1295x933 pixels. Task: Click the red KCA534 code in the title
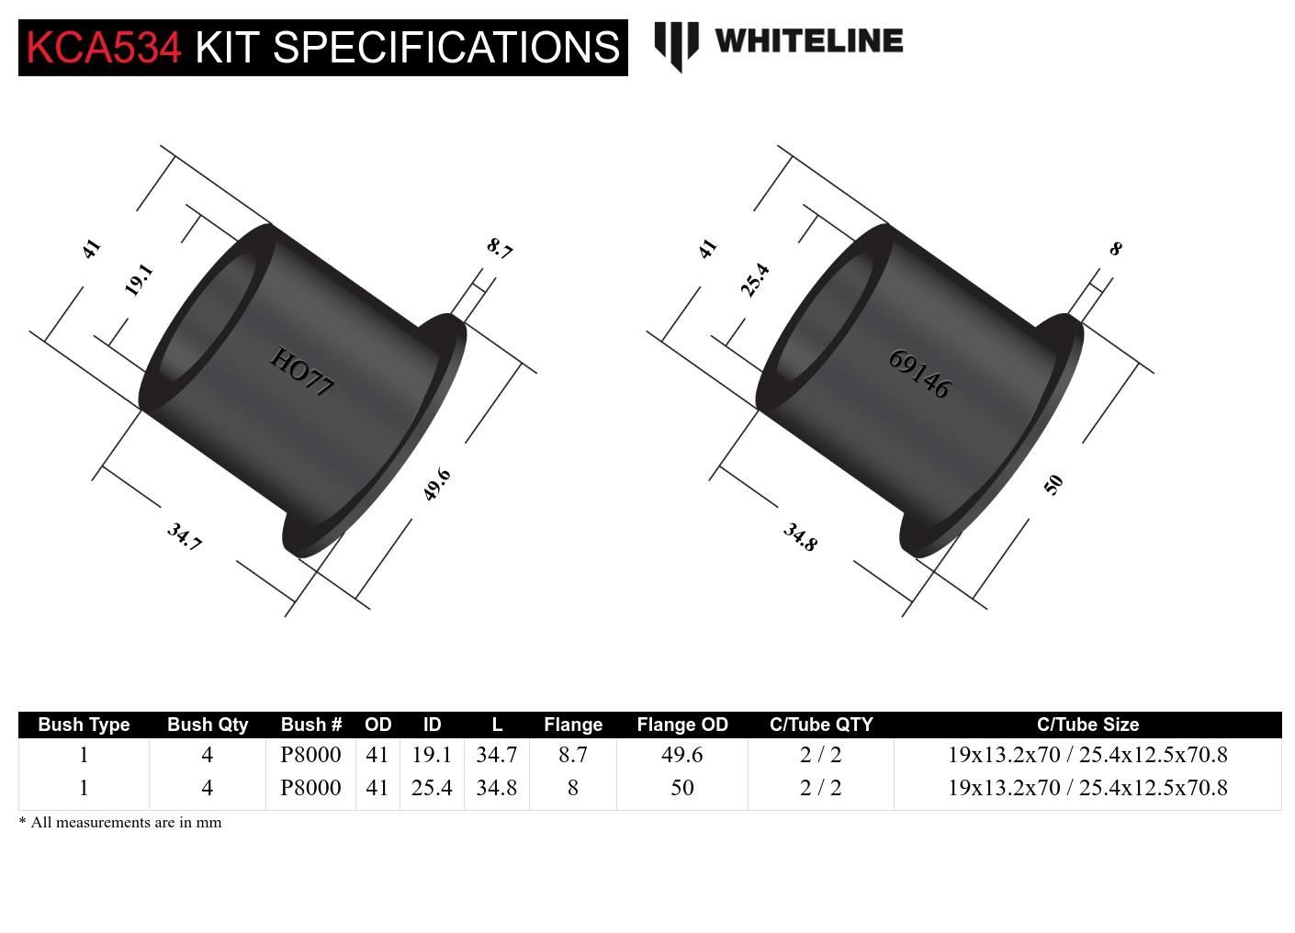pyautogui.click(x=104, y=48)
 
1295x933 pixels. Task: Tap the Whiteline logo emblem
pyautogui.click(x=676, y=45)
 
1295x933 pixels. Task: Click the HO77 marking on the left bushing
pyautogui.click(x=301, y=372)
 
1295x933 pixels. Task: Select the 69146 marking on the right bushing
pyautogui.click(x=919, y=374)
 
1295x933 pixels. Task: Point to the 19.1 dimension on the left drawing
pyautogui.click(x=139, y=279)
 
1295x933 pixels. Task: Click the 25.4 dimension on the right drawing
pyautogui.click(x=755, y=279)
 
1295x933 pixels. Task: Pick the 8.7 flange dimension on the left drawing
pyautogui.click(x=500, y=248)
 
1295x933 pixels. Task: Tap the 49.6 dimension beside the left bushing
pyautogui.click(x=436, y=484)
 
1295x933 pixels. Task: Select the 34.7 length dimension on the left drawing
pyautogui.click(x=184, y=536)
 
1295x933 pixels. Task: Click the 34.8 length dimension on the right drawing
pyautogui.click(x=800, y=537)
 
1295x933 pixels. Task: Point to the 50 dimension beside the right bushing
pyautogui.click(x=1053, y=484)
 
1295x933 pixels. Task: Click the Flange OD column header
pyautogui.click(x=681, y=725)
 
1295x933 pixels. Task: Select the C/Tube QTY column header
pyautogui.click(x=820, y=725)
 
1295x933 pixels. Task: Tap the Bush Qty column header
pyautogui.click(x=208, y=725)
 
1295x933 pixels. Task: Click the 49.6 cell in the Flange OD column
pyautogui.click(x=681, y=755)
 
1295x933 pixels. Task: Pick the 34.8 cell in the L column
pyautogui.click(x=496, y=788)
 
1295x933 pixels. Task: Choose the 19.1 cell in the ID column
pyautogui.click(x=432, y=755)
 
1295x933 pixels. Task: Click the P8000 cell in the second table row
pyautogui.click(x=310, y=788)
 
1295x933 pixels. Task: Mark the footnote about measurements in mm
pyautogui.click(x=120, y=823)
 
